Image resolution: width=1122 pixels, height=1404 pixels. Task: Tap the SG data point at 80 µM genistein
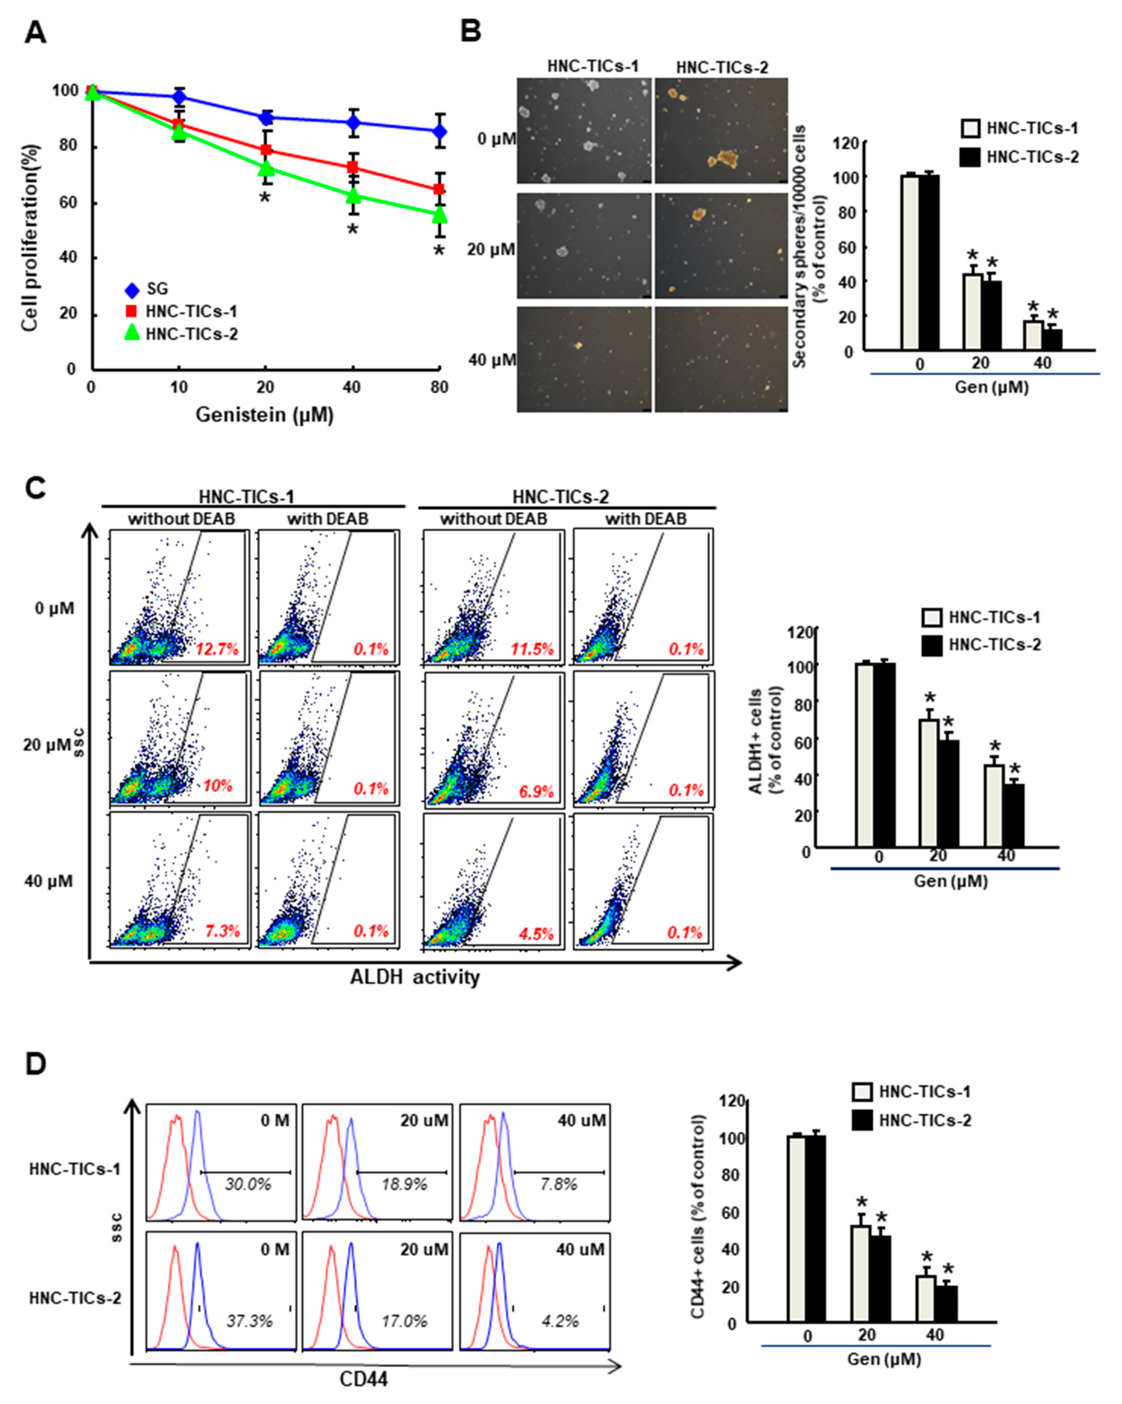pos(440,131)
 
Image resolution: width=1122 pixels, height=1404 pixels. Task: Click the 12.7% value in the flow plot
pos(217,649)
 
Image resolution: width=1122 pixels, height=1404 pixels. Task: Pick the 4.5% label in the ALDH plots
pos(535,933)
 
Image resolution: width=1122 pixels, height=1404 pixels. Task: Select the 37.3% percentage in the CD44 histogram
pos(249,1321)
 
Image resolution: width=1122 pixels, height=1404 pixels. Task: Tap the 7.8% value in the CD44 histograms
pos(559,1184)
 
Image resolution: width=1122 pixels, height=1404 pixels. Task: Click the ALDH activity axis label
pos(415,977)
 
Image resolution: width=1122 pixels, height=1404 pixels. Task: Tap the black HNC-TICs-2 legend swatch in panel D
pos(862,1120)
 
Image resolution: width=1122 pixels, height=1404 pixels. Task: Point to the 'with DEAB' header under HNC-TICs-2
pos(645,519)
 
